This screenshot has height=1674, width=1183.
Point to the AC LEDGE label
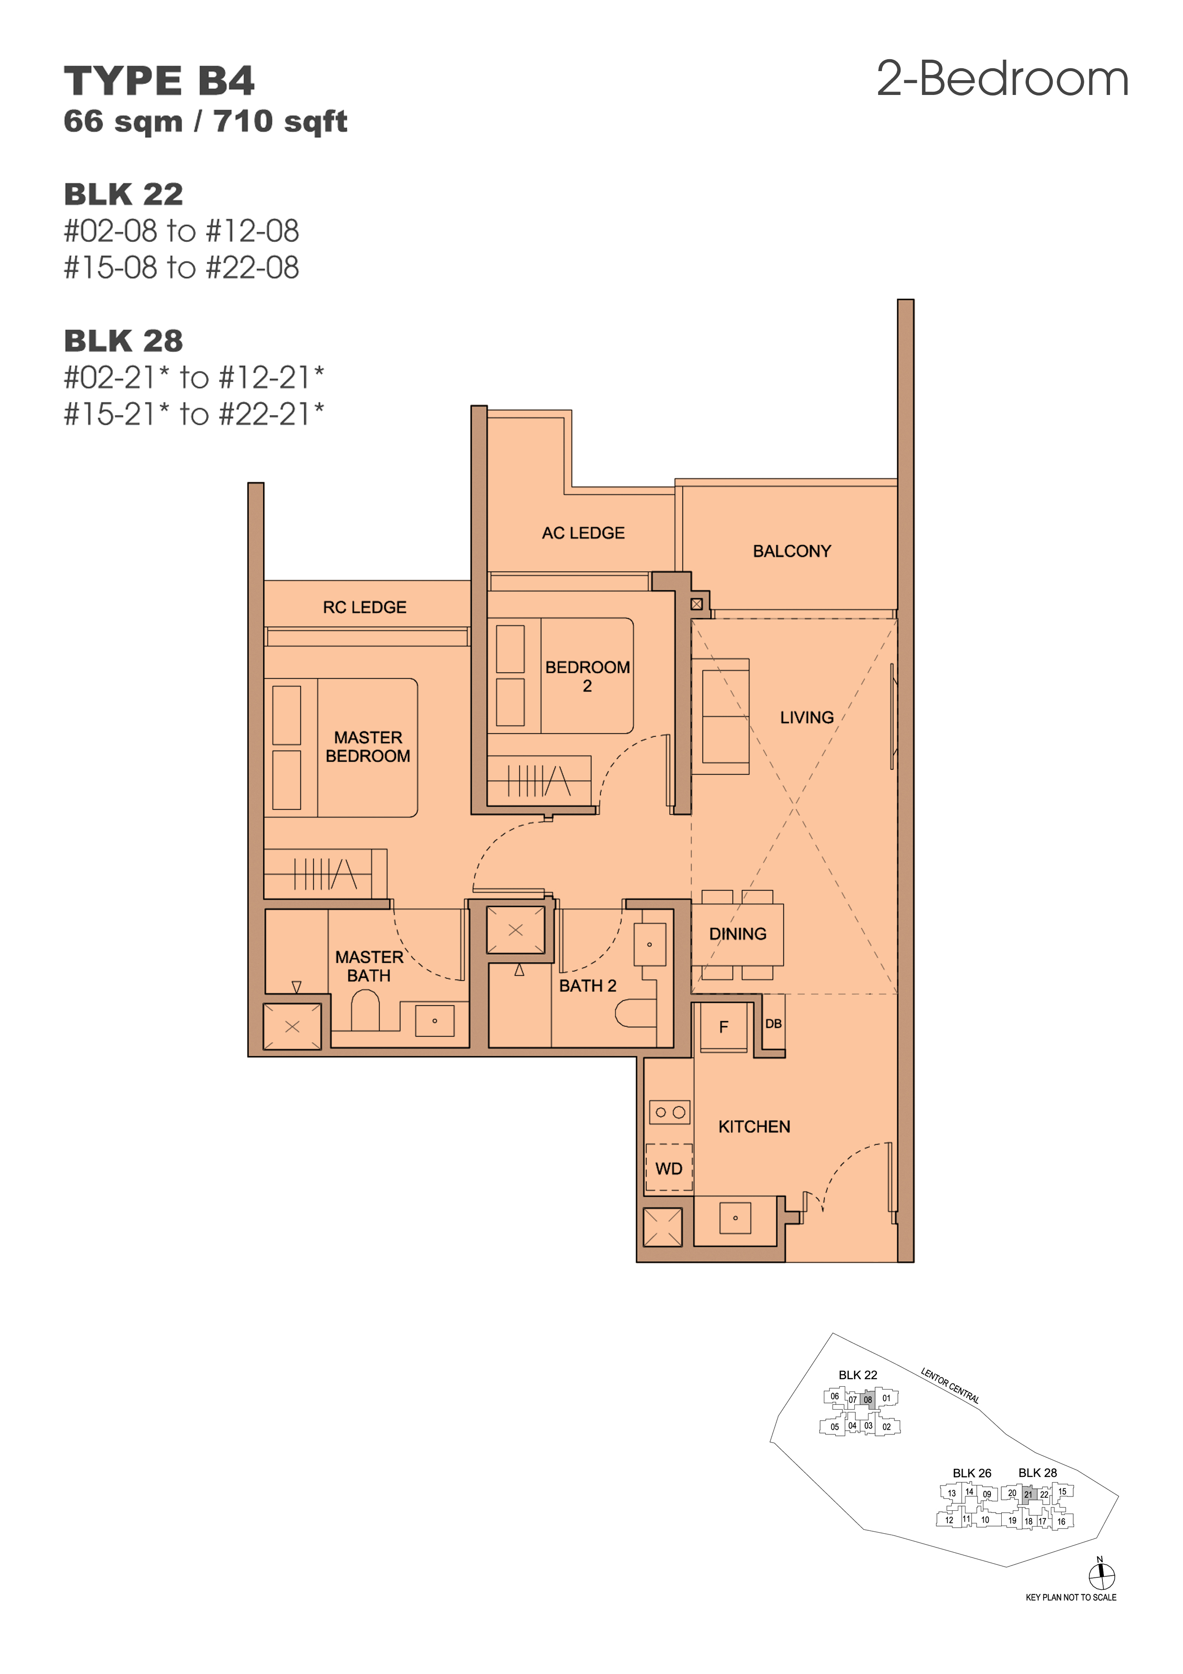tap(583, 533)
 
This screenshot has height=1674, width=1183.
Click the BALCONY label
tap(791, 551)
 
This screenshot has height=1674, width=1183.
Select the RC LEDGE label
tap(364, 607)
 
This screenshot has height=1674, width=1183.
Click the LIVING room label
tap(807, 717)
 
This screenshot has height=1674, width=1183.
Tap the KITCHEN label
tap(755, 1127)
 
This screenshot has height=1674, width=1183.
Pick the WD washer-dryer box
tap(668, 1168)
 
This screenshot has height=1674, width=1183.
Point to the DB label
tap(773, 1024)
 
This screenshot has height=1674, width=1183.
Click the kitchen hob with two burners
tap(670, 1112)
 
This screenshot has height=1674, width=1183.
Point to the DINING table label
tap(737, 934)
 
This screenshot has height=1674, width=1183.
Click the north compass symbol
tap(1101, 1576)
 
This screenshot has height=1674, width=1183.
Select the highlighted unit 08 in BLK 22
tap(867, 1399)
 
